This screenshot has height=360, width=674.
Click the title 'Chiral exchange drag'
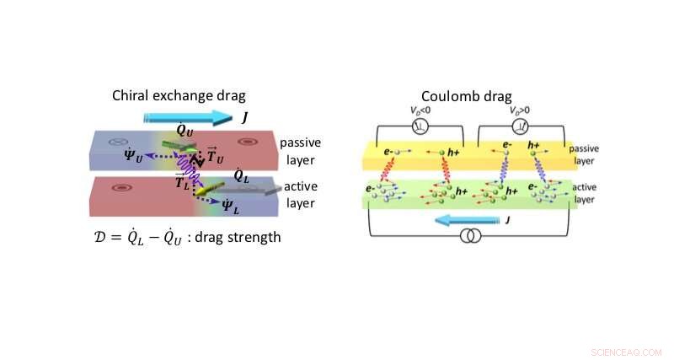(174, 95)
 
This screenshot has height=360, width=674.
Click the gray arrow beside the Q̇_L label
(253, 191)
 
